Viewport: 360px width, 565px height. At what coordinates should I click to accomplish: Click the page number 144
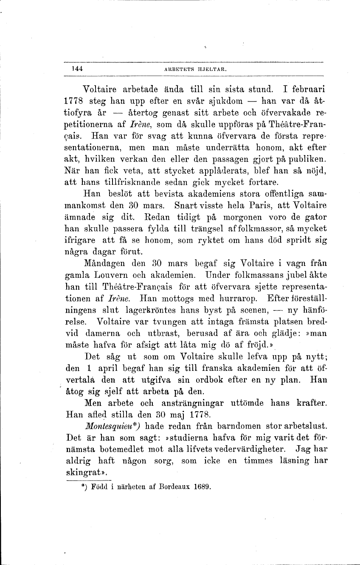tap(76, 68)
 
